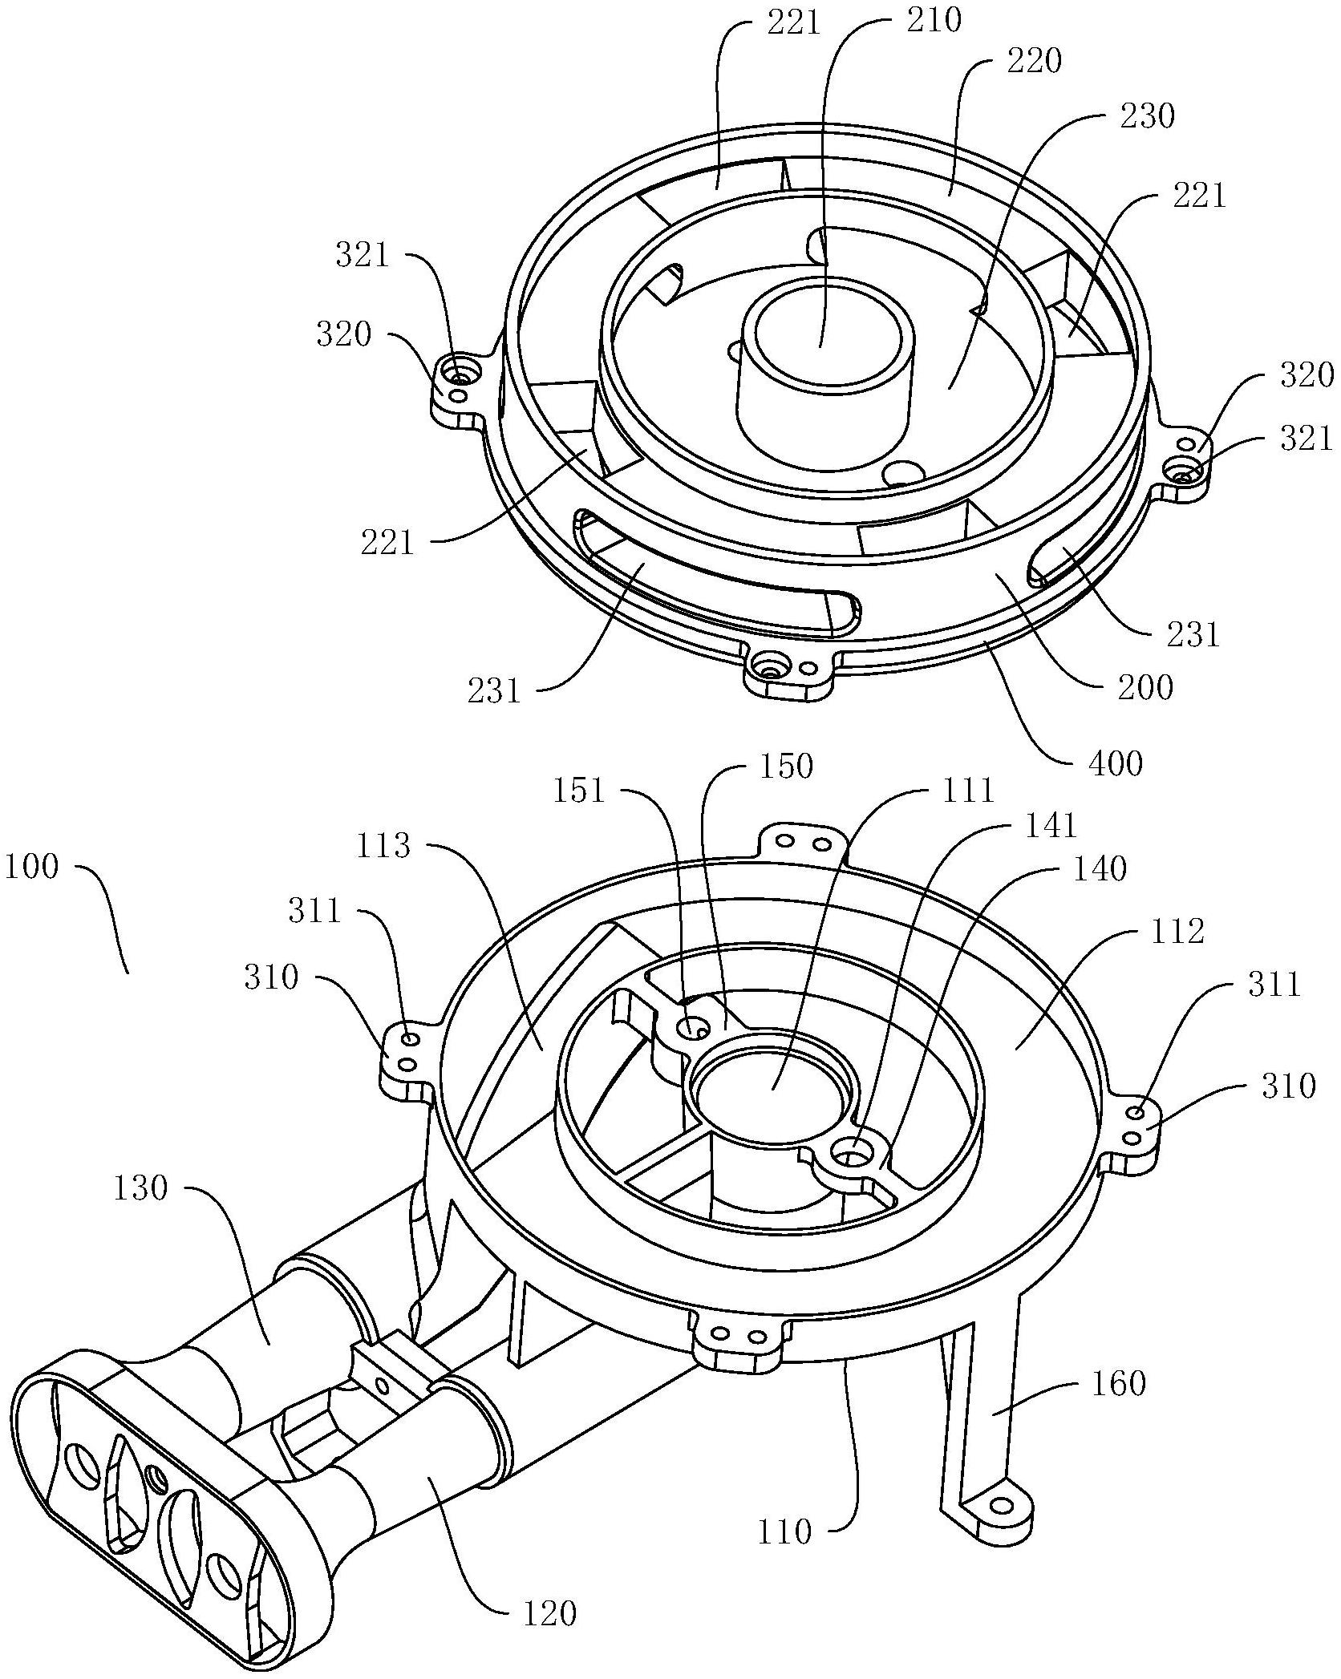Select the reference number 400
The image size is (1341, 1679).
pyautogui.click(x=1115, y=763)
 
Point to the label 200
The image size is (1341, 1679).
pyautogui.click(x=1145, y=687)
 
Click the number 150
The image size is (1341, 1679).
pyautogui.click(x=785, y=767)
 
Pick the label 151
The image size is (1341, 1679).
pyautogui.click(x=578, y=791)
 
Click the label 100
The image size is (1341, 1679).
pyautogui.click(x=33, y=867)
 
